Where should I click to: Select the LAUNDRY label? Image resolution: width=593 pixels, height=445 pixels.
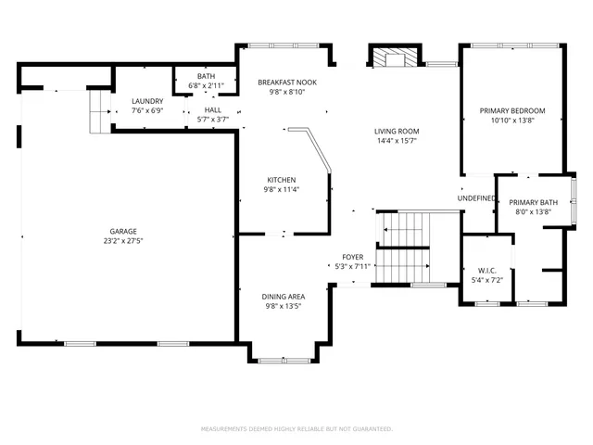(147, 101)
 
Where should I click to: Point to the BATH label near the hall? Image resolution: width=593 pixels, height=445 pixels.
(206, 76)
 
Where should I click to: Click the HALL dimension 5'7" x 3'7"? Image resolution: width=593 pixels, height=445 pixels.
(212, 119)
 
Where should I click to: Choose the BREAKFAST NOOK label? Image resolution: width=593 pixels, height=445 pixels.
(282, 83)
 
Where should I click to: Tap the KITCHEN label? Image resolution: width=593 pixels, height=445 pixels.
(282, 179)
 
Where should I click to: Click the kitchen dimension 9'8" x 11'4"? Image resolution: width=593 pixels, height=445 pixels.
(282, 189)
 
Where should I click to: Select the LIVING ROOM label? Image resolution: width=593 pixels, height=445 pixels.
(397, 132)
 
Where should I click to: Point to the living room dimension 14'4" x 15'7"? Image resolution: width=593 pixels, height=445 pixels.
(397, 142)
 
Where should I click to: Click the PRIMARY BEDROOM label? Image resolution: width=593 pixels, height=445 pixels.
(511, 111)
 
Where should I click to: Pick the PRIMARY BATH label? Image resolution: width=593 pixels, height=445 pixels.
(533, 202)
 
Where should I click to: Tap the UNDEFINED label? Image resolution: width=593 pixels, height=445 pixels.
(476, 198)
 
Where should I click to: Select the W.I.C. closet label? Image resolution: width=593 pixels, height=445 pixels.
(486, 270)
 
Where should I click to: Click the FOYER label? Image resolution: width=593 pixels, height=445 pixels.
(353, 257)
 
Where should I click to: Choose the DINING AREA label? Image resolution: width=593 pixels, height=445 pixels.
(282, 296)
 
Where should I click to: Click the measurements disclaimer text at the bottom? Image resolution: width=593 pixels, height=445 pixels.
(296, 428)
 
